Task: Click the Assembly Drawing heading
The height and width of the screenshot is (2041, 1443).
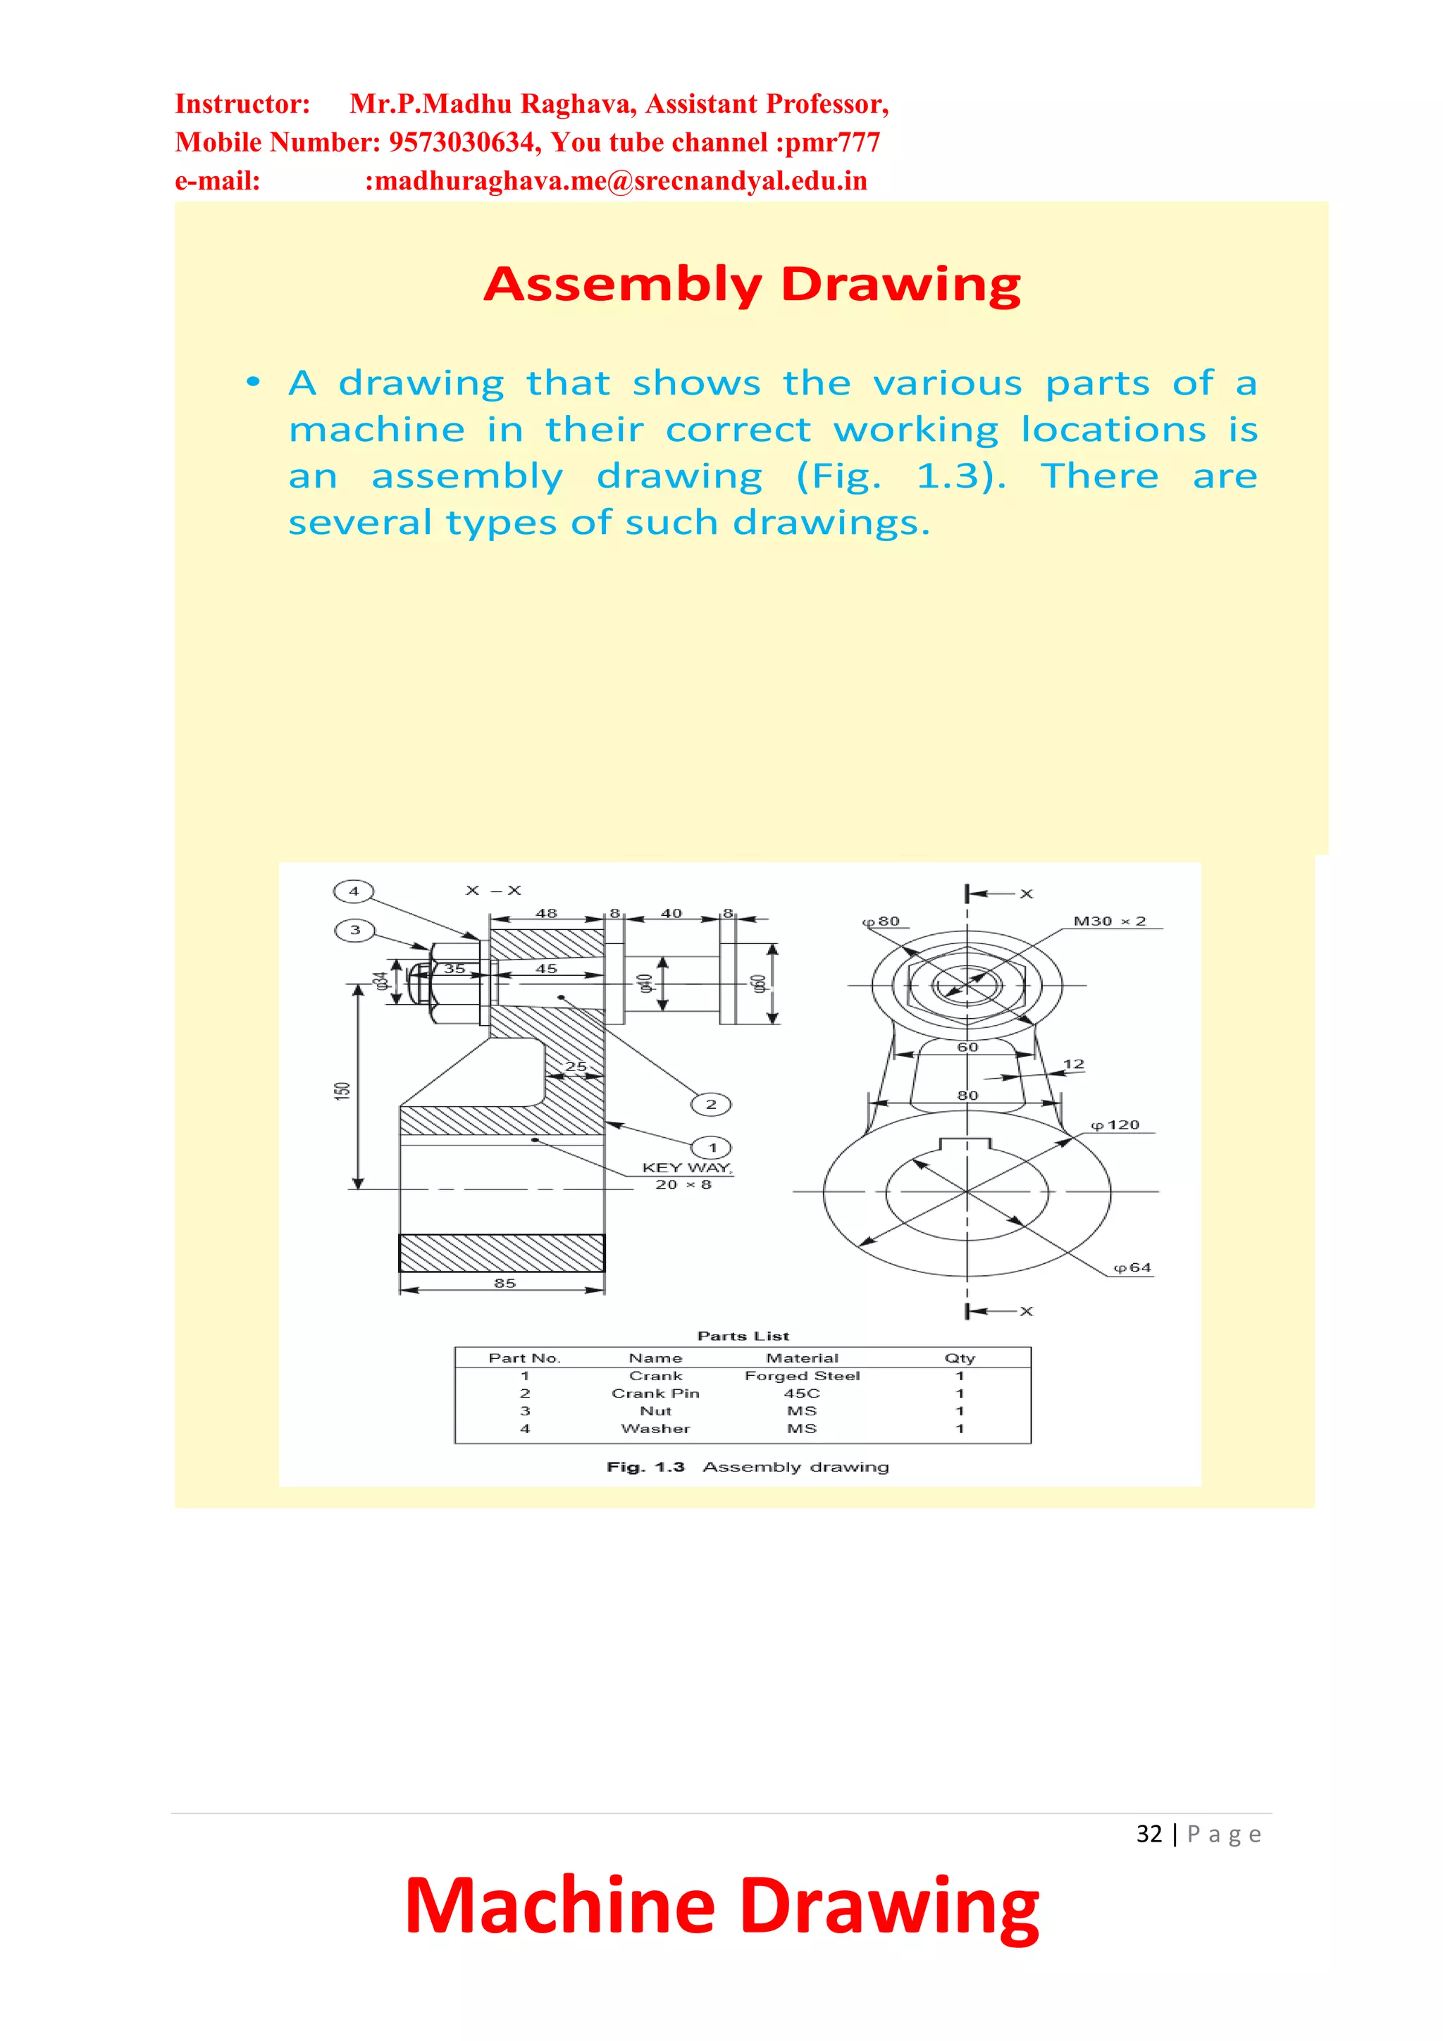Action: click(753, 285)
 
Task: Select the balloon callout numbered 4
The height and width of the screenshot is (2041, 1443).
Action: click(353, 891)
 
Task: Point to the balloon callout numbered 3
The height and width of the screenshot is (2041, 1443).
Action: click(354, 930)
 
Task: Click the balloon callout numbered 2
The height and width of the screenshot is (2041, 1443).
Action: click(710, 1104)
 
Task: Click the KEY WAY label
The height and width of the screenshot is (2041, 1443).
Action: click(686, 1167)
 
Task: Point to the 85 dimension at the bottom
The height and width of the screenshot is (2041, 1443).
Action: click(504, 1283)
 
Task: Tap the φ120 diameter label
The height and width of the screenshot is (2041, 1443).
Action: click(1115, 1124)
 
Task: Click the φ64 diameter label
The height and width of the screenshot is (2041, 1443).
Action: click(1132, 1267)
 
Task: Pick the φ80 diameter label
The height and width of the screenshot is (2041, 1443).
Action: click(881, 921)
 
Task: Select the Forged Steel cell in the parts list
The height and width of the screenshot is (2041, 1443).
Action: click(802, 1375)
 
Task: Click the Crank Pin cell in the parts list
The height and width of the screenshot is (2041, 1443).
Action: click(655, 1393)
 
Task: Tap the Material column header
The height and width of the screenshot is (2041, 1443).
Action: click(802, 1358)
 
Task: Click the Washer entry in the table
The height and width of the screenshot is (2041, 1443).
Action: click(655, 1429)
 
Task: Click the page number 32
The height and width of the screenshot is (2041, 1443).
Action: click(1148, 1834)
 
